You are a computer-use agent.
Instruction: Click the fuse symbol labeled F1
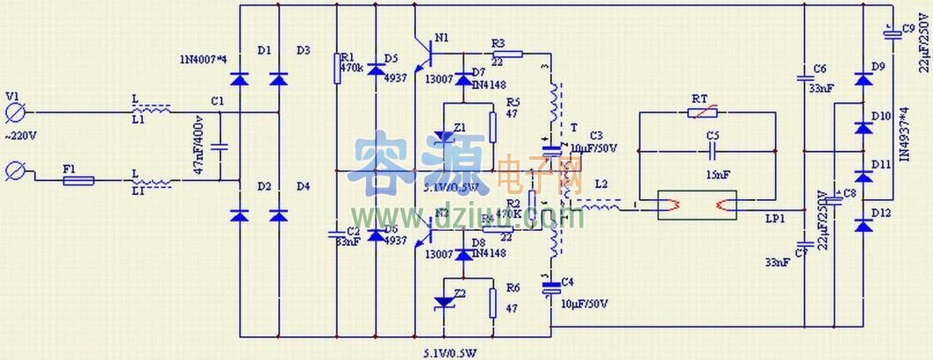(79, 182)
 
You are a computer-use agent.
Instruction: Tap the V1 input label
(12, 97)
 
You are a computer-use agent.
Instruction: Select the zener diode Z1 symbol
(445, 136)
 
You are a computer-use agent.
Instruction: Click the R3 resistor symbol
(509, 54)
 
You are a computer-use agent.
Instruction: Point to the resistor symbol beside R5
(492, 126)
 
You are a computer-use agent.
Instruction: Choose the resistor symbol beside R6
(492, 301)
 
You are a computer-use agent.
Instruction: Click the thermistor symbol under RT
(707, 112)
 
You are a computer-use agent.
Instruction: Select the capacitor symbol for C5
(707, 150)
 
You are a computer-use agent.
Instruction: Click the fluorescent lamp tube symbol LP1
(707, 207)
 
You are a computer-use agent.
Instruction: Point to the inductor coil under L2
(600, 207)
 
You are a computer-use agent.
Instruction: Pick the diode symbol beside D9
(862, 80)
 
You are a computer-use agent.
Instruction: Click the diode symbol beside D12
(862, 227)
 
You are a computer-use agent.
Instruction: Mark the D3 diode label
(303, 50)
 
